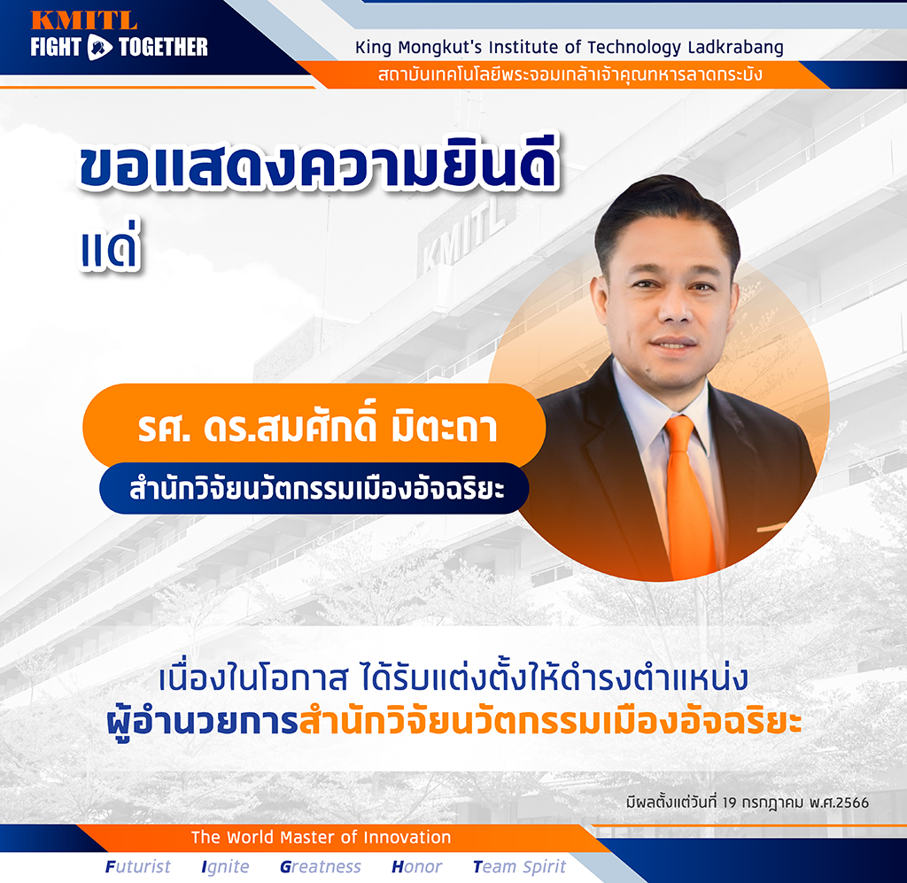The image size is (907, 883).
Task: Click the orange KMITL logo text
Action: pyautogui.click(x=84, y=19)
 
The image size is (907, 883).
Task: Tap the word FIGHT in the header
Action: pyautogui.click(x=56, y=47)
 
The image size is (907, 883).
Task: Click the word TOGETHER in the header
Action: pyautogui.click(x=163, y=47)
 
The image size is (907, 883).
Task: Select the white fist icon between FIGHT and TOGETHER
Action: pyautogui.click(x=99, y=48)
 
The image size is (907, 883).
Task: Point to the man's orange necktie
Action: pyautogui.click(x=688, y=498)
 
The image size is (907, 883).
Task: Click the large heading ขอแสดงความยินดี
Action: pyautogui.click(x=318, y=164)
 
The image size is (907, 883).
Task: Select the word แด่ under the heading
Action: pyautogui.click(x=110, y=245)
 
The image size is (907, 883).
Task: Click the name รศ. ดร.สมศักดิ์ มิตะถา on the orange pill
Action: pyautogui.click(x=318, y=427)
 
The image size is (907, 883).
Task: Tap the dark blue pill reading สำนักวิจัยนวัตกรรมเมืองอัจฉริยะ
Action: pyautogui.click(x=314, y=489)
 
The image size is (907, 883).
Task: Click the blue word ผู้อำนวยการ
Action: pyautogui.click(x=202, y=722)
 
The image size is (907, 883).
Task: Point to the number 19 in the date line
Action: pyautogui.click(x=729, y=802)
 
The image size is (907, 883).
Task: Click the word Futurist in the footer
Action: pyautogui.click(x=137, y=866)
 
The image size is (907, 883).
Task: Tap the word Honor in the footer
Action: pyautogui.click(x=416, y=866)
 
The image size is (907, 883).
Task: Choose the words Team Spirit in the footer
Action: pyautogui.click(x=519, y=867)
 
